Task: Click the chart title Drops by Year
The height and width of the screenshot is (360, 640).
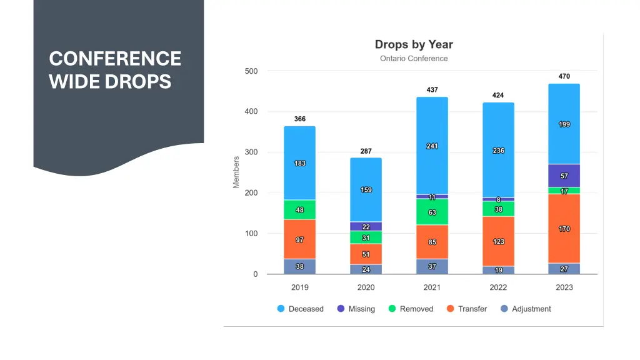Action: pyautogui.click(x=414, y=44)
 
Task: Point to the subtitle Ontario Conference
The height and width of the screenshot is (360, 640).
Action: pyautogui.click(x=414, y=59)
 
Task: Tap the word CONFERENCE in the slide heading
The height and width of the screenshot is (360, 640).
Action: pyautogui.click(x=115, y=59)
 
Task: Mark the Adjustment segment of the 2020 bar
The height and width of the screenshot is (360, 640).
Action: pyautogui.click(x=366, y=269)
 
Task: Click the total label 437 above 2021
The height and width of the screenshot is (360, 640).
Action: pyautogui.click(x=432, y=90)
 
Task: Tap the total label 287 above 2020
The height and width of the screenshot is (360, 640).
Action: pyautogui.click(x=366, y=151)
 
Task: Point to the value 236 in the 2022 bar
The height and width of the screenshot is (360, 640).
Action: pyautogui.click(x=498, y=151)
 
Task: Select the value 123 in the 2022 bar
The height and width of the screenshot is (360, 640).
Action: pyautogui.click(x=498, y=242)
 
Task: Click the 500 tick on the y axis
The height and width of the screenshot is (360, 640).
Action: pyautogui.click(x=251, y=71)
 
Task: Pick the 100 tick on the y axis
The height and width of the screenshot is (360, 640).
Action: pyautogui.click(x=251, y=234)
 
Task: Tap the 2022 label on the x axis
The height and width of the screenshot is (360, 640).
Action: pyautogui.click(x=498, y=287)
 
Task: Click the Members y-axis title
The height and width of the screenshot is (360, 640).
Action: pyautogui.click(x=236, y=172)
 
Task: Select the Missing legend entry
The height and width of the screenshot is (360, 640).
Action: pyautogui.click(x=356, y=309)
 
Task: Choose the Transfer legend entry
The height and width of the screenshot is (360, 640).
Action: pyautogui.click(x=466, y=309)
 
